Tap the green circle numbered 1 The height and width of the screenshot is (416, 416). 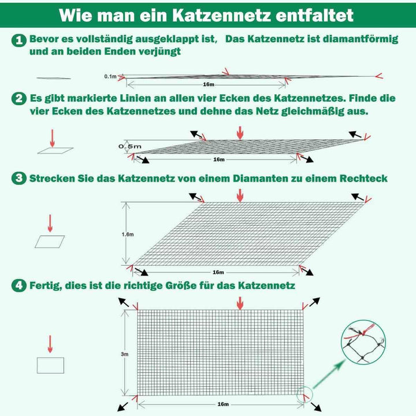[x=20, y=40]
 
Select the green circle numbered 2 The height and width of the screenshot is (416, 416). [x=20, y=98]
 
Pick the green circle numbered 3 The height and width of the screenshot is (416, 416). [x=20, y=179]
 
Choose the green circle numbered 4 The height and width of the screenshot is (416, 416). [x=20, y=285]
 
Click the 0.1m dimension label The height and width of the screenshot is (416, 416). [x=110, y=76]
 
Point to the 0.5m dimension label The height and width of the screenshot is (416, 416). [x=129, y=146]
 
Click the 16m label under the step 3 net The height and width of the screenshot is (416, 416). [x=218, y=272]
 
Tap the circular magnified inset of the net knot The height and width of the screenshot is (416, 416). [x=363, y=343]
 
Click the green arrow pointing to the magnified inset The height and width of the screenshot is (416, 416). [x=330, y=373]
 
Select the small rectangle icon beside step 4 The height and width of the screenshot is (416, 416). [x=50, y=365]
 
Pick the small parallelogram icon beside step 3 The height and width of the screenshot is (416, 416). [x=50, y=242]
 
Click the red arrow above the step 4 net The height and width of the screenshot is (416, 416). [x=240, y=302]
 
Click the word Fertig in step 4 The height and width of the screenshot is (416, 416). [x=44, y=285]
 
